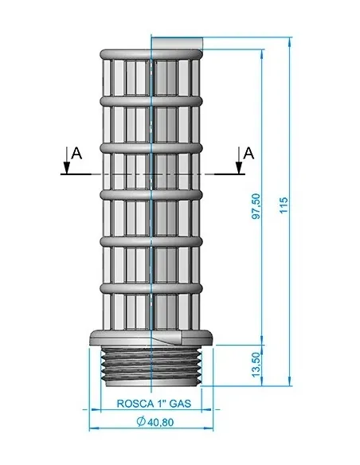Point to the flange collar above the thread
click(151, 338)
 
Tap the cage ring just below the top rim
click(151, 101)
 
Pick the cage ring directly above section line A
click(151, 147)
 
